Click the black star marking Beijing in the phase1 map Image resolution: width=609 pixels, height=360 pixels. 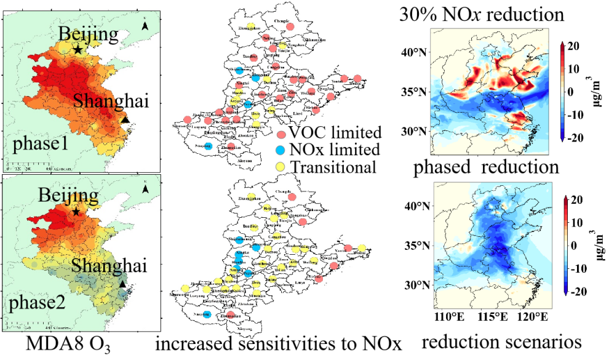tap(78, 49)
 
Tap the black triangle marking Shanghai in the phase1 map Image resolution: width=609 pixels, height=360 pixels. tap(125, 121)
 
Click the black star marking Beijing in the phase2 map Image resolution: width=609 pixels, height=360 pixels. tap(76, 212)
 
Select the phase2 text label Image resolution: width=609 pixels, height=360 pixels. tap(38, 303)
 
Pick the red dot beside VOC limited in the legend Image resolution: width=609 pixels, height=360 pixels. tap(281, 133)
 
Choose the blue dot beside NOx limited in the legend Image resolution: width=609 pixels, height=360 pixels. tap(281, 150)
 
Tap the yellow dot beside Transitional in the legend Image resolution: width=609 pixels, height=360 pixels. tap(281, 166)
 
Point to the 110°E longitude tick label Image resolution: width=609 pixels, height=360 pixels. tap(448, 318)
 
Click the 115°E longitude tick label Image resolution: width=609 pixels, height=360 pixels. tap(491, 318)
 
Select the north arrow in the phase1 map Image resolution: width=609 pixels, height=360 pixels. tap(145, 26)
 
